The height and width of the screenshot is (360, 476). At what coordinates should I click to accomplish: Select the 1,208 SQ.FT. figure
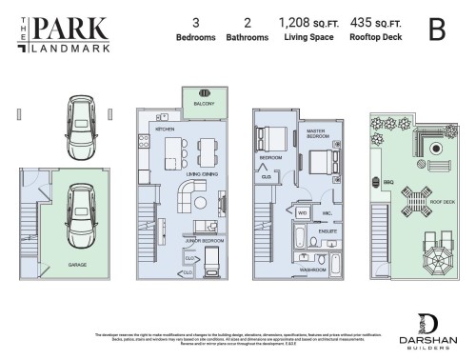pyautogui.click(x=301, y=21)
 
